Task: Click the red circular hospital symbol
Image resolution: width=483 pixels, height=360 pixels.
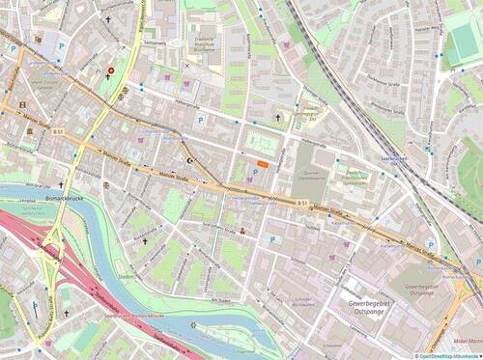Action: tap(110, 70)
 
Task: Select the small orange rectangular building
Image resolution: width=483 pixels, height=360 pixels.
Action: tap(263, 165)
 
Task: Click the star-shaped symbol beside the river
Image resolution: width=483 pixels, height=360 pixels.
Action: tap(193, 323)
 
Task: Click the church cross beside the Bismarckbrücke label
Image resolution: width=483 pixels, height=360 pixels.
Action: tap(61, 183)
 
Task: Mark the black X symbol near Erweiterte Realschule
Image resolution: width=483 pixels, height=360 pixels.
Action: tap(186, 65)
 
